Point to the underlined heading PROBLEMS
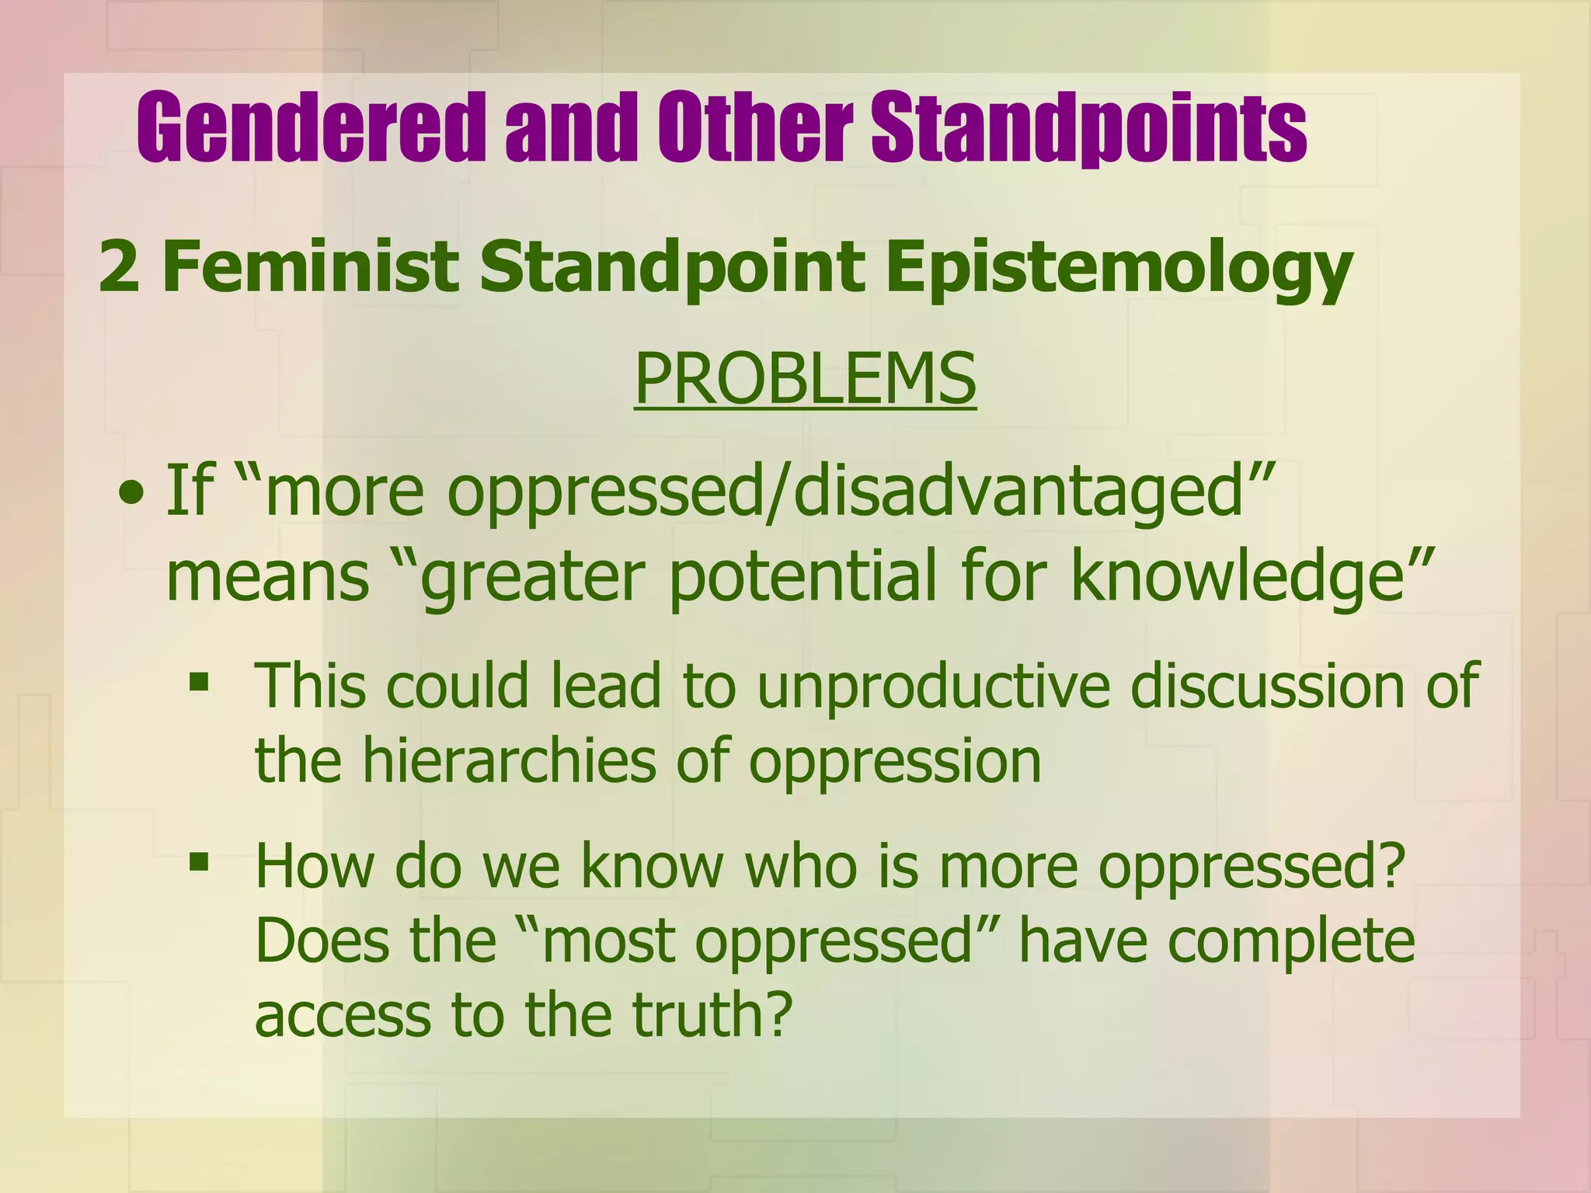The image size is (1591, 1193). coord(805,378)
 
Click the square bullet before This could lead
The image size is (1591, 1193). coord(200,682)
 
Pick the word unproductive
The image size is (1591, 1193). coord(933,686)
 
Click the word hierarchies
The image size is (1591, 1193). coord(509,760)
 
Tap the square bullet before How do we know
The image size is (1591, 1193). coord(200,861)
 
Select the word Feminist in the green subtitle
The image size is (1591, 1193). coord(310,266)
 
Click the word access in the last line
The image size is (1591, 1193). coord(342,1016)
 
